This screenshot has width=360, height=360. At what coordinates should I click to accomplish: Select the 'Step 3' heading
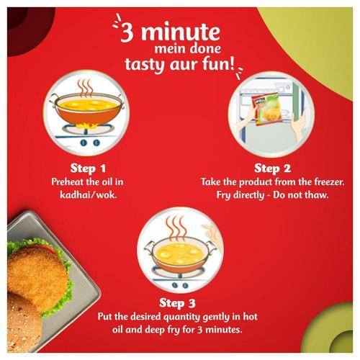(178, 302)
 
